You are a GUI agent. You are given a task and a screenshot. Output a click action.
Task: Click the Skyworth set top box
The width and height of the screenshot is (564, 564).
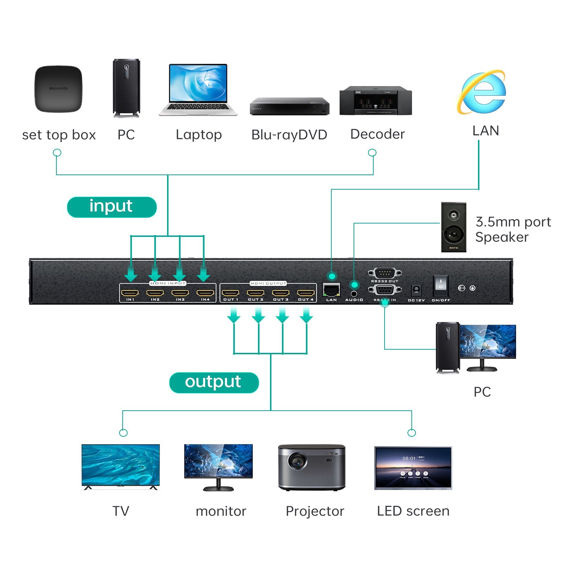point(58,89)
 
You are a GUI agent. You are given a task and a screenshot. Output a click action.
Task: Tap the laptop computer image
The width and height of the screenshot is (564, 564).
point(198,90)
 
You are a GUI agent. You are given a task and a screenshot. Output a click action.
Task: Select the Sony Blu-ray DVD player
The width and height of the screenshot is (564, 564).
point(289,106)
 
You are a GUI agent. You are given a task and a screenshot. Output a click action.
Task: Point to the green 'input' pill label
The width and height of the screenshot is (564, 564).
point(111,207)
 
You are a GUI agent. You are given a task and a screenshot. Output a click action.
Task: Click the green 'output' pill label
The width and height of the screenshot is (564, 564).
point(214,382)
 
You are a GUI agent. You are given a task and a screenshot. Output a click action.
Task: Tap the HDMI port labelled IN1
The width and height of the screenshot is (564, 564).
point(130,293)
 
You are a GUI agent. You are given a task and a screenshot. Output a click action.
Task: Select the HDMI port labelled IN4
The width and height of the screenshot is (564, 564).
point(205,293)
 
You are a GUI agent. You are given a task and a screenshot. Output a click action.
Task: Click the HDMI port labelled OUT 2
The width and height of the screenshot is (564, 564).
point(256,293)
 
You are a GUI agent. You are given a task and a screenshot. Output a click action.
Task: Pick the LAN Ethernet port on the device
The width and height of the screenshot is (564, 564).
point(331,290)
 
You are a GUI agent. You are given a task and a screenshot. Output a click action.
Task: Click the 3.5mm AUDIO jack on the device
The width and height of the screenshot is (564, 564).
point(354,293)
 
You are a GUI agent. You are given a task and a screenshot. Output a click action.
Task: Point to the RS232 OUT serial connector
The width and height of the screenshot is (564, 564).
point(385,273)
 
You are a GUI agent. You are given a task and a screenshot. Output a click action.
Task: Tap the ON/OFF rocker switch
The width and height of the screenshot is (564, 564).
point(441,285)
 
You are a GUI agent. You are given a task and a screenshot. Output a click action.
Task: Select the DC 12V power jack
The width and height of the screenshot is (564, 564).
point(416,290)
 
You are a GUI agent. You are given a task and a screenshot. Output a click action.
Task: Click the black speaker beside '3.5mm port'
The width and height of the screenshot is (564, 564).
point(454,227)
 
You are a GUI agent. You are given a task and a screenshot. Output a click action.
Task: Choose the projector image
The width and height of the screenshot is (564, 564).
point(312,467)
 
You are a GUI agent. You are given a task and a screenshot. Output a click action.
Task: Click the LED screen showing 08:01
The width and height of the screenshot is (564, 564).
point(413,468)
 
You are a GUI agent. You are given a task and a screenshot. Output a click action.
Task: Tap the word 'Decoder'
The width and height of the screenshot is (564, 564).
point(377,134)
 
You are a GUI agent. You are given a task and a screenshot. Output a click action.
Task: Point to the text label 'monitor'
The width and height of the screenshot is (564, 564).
point(221,511)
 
